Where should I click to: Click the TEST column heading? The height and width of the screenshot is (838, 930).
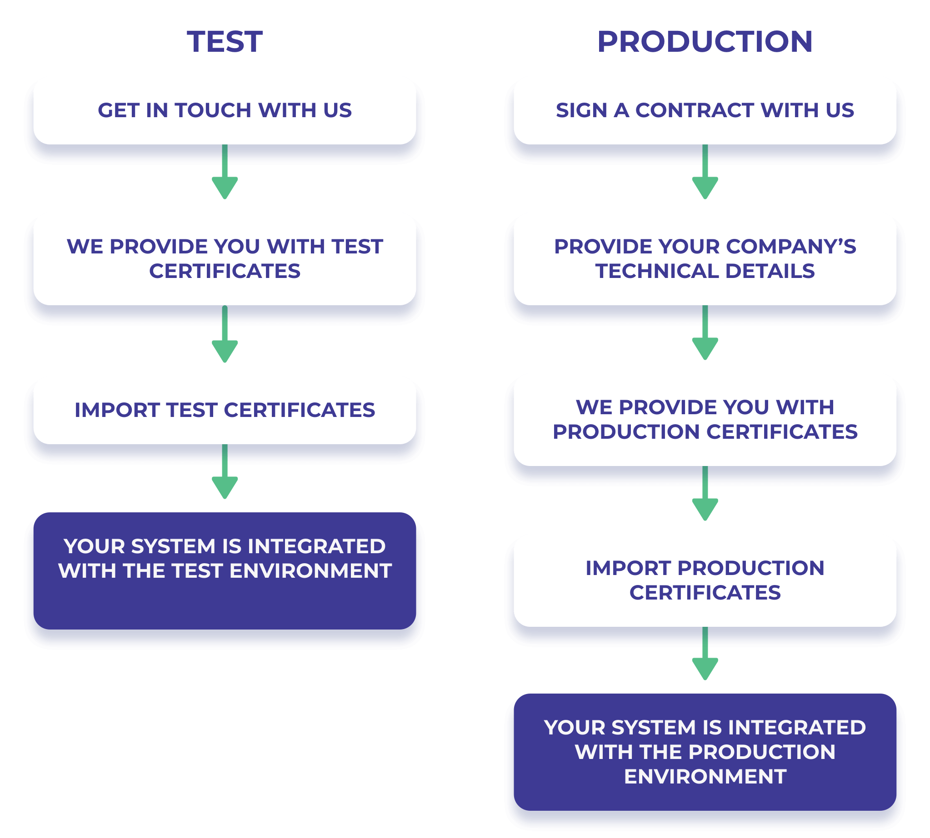pos(225,42)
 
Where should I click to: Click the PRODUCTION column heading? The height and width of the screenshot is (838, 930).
pos(705,42)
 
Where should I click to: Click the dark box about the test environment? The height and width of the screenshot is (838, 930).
pos(225,571)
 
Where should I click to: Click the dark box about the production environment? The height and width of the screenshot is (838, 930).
pos(705,752)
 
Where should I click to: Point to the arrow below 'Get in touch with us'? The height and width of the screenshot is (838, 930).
pos(225,172)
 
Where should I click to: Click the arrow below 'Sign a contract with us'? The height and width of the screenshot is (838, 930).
pos(705,172)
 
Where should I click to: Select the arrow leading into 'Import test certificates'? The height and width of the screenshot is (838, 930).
pos(225,334)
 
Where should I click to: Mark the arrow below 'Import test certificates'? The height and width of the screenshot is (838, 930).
pos(225,471)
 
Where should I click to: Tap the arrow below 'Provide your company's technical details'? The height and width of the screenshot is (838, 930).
pos(705,332)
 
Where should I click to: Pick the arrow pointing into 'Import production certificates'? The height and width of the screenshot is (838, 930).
pos(705,493)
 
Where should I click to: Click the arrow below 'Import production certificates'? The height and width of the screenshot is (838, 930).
pos(705,653)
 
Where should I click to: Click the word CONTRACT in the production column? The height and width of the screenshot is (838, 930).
pos(695,110)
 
